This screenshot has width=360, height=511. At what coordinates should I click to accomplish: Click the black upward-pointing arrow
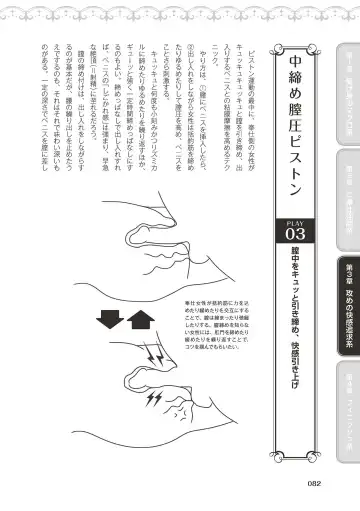(138, 377)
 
